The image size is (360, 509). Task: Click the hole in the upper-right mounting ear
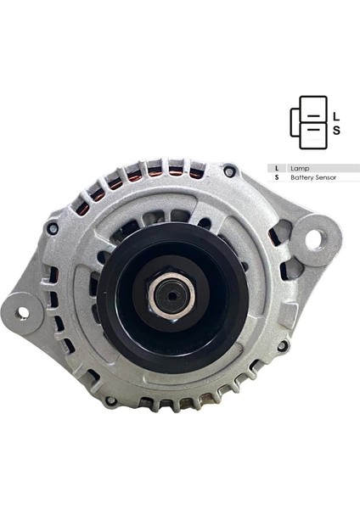click(x=313, y=239)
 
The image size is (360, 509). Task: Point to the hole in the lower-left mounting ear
click(x=22, y=312)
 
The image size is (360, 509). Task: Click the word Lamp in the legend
click(x=300, y=168)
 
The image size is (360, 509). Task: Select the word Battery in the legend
click(x=300, y=178)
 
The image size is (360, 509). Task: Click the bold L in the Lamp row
click(x=277, y=168)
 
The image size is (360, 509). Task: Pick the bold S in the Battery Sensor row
click(x=277, y=178)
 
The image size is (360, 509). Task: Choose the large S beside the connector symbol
click(x=336, y=131)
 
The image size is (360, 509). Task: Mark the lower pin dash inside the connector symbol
click(x=312, y=129)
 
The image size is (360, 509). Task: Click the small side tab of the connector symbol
click(x=295, y=123)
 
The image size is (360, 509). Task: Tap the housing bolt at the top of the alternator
click(x=229, y=171)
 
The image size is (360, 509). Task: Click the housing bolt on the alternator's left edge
click(x=53, y=229)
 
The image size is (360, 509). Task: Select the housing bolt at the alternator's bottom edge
click(x=110, y=400)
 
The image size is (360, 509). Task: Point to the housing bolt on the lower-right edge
click(x=283, y=345)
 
